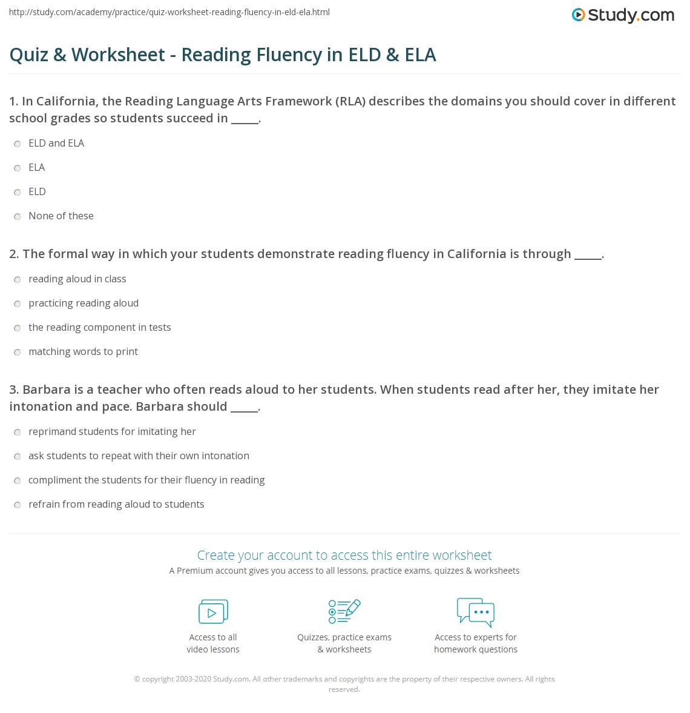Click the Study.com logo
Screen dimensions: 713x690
[623, 15]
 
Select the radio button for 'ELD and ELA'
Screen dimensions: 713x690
[18, 144]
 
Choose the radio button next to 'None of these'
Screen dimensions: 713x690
[18, 216]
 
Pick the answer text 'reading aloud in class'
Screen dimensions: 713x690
[77, 279]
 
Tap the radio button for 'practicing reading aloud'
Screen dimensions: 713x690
[18, 303]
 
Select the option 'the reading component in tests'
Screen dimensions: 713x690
[100, 327]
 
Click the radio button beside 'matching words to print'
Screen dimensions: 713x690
[18, 352]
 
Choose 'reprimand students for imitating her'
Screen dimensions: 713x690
[112, 431]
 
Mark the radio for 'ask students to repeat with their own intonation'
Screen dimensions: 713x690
[18, 456]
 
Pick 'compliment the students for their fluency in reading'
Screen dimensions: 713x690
[146, 480]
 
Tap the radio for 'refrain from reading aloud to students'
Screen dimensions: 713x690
[18, 505]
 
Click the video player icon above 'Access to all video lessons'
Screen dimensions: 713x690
[213, 611]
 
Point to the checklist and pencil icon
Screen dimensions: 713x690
[344, 611]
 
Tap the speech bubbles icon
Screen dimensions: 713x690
[476, 611]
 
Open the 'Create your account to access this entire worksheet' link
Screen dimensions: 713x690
[344, 555]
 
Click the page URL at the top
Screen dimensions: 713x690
[169, 12]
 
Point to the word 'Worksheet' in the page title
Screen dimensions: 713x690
[118, 55]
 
